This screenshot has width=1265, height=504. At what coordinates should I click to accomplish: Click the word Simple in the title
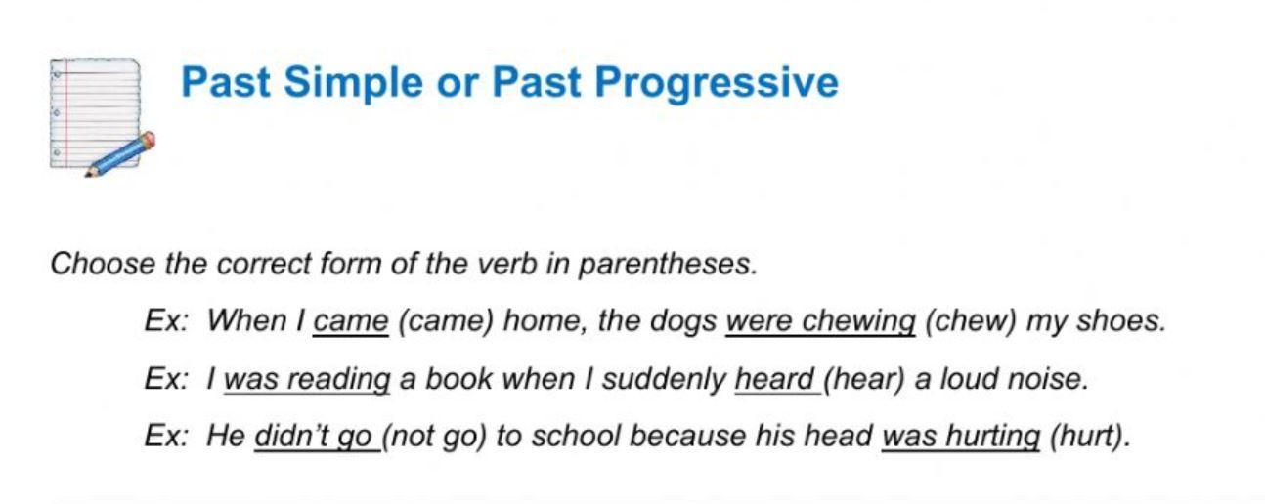tap(353, 83)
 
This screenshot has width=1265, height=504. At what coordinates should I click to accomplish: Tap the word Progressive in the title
tap(717, 83)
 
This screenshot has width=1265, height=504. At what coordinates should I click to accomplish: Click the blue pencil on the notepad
tap(119, 154)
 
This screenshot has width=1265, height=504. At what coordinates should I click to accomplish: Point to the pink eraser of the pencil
tap(148, 139)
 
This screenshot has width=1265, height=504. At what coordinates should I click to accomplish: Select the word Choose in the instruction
tap(103, 264)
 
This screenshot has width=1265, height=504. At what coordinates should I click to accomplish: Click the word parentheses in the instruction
tap(667, 264)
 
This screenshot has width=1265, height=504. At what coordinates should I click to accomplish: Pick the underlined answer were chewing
tap(820, 321)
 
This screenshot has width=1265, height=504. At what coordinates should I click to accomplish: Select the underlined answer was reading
tap(307, 379)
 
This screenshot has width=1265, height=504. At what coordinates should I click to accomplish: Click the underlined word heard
tap(774, 379)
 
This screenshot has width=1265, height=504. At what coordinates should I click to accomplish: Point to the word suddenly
tap(664, 379)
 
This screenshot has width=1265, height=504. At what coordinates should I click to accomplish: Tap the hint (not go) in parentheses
tap(434, 437)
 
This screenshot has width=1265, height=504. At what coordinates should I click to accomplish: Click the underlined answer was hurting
tap(961, 437)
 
